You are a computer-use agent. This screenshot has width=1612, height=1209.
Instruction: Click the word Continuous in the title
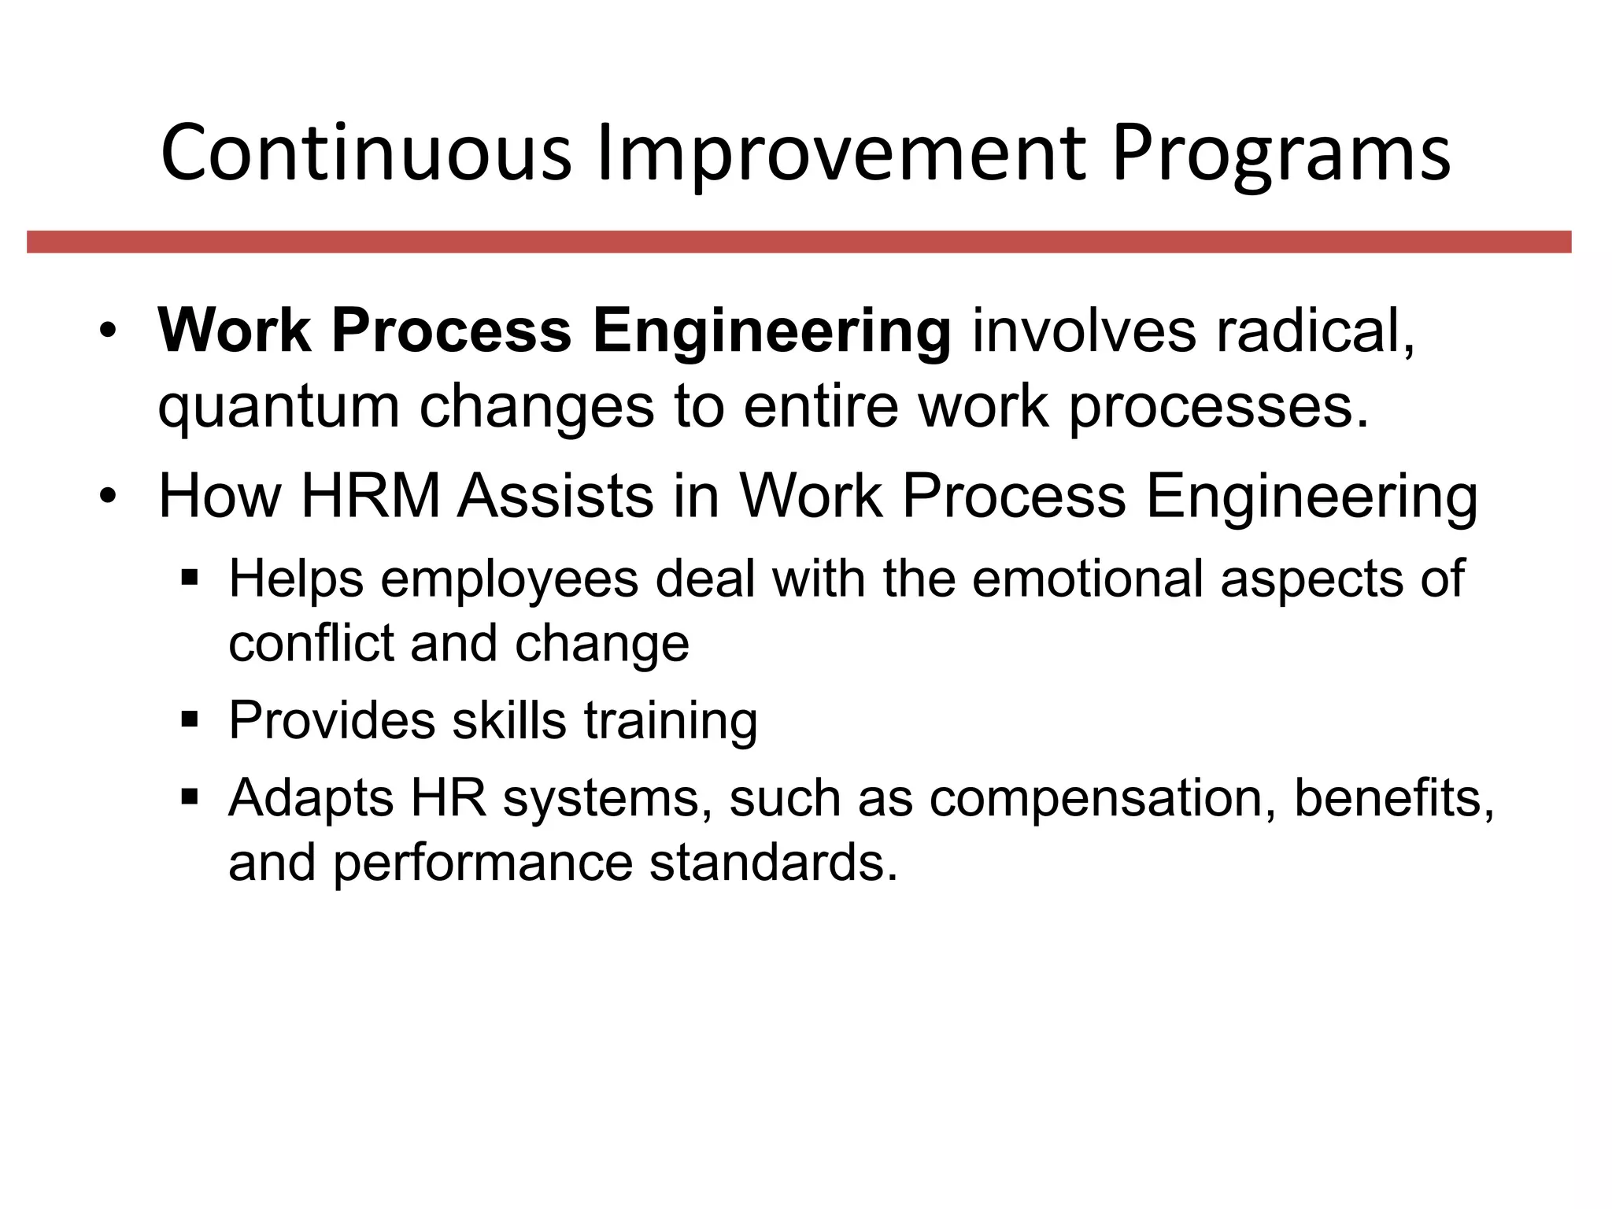coord(365,153)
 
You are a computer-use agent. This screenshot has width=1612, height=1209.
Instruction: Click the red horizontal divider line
coord(799,242)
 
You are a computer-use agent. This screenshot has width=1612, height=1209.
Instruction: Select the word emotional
coord(1087,579)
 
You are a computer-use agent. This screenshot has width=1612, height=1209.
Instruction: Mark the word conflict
coord(309,643)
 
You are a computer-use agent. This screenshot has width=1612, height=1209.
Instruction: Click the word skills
coord(508,719)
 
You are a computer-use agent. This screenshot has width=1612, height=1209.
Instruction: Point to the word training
coord(670,721)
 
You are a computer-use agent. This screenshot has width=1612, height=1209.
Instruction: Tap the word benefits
coord(1393,797)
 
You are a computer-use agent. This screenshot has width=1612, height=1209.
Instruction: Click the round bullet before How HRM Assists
coord(109,497)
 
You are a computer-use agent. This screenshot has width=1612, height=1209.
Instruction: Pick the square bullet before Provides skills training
coord(190,719)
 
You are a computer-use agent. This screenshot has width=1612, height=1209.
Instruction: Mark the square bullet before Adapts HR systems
coord(190,797)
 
